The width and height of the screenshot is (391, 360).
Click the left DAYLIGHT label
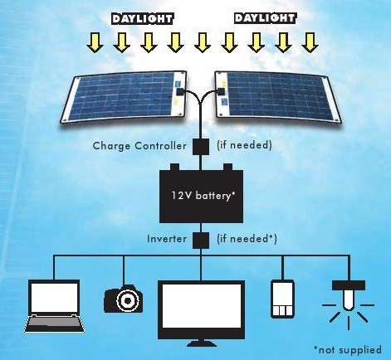[x=142, y=19]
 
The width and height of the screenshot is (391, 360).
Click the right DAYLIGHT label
[x=265, y=18]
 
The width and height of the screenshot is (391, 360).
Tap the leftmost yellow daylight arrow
[x=95, y=42]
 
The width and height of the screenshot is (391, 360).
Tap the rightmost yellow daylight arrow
[x=310, y=42]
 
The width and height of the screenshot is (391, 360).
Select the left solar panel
[x=124, y=96]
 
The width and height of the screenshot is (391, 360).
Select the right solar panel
[x=278, y=97]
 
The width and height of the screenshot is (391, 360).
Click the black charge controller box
[x=201, y=147]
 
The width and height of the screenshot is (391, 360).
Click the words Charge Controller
[x=139, y=146]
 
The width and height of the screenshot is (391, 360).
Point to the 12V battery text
[x=203, y=196]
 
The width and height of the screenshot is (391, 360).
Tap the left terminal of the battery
[x=174, y=168]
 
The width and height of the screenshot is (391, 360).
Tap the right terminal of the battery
[x=227, y=168]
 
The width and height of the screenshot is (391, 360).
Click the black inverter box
[x=201, y=240]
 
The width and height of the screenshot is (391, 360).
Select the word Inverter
[x=167, y=239]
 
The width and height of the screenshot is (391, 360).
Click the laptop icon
[x=54, y=306]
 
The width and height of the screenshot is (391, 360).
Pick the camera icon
[x=124, y=299]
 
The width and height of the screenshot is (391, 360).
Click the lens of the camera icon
[x=128, y=300]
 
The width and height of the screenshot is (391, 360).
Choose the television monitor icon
[x=201, y=314]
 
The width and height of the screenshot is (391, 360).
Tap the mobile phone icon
[x=282, y=299]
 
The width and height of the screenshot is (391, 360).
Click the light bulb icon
[x=349, y=305]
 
